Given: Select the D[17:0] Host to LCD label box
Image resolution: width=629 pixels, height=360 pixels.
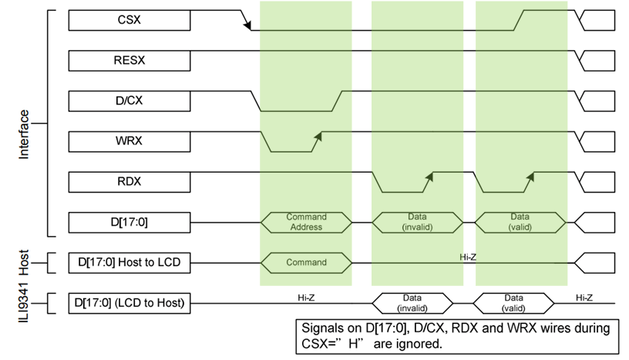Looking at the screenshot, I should pyautogui.click(x=129, y=262).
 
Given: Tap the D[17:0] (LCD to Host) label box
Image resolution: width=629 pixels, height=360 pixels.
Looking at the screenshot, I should pyautogui.click(x=129, y=302).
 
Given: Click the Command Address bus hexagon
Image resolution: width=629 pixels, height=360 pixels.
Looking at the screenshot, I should pyautogui.click(x=306, y=222).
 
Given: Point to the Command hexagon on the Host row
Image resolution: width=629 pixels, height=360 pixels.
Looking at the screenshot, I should pyautogui.click(x=306, y=262).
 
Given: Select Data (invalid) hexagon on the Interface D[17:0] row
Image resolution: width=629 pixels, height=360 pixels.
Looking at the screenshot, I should pyautogui.click(x=417, y=222).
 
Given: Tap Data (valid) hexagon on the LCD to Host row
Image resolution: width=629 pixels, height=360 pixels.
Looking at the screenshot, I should pyautogui.click(x=513, y=302).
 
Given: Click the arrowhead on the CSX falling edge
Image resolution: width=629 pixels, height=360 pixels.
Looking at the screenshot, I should pyautogui.click(x=249, y=27).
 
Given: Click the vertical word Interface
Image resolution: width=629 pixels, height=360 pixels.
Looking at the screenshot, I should pyautogui.click(x=24, y=134).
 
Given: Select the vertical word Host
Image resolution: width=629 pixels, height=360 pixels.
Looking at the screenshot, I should pyautogui.click(x=24, y=261).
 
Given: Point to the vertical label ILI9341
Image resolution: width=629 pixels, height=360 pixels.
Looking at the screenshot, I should pyautogui.click(x=24, y=303).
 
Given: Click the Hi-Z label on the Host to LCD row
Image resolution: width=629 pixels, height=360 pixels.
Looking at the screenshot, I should pyautogui.click(x=467, y=257).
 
